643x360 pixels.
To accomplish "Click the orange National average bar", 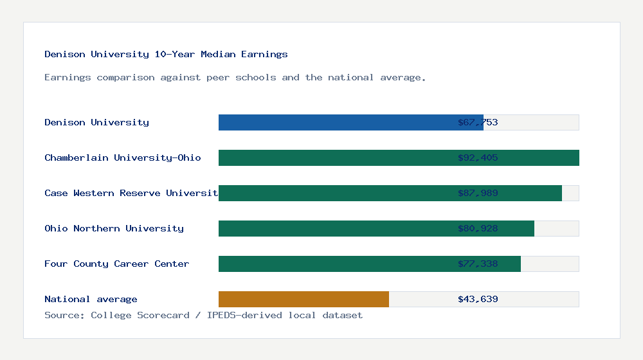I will [303, 299].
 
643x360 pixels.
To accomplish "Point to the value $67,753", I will [478, 122].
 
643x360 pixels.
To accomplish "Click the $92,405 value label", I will [478, 157].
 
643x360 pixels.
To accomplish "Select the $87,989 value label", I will [478, 193].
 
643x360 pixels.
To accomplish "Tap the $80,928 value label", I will [478, 228].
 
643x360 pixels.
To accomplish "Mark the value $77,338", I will [478, 264].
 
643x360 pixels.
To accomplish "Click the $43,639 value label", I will [478, 299].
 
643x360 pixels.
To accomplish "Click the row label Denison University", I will [96, 122].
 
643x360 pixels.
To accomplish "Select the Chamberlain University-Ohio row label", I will [123, 157].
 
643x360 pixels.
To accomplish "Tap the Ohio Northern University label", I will [114, 228].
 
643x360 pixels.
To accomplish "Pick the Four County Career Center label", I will [116, 264].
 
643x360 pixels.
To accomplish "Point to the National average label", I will [91, 299].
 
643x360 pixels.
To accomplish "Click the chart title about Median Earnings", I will [166, 54].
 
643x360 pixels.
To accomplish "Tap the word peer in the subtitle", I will [218, 77].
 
